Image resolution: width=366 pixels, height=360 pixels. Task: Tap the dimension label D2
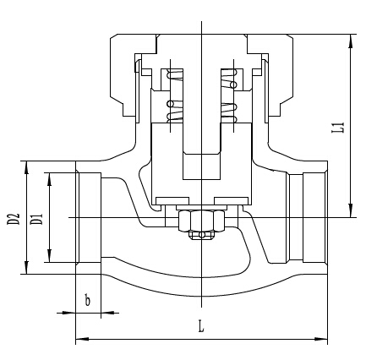[x=14, y=219]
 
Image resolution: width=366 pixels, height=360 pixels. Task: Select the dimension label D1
[x=36, y=219]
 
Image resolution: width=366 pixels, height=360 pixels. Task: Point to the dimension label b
[x=88, y=300]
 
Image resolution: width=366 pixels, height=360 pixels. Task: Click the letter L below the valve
[x=201, y=326]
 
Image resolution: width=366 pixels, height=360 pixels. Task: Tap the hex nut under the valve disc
[x=202, y=221]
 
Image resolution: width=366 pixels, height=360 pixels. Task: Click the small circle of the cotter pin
[x=201, y=235]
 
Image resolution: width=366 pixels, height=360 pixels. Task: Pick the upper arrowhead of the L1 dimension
[x=351, y=41]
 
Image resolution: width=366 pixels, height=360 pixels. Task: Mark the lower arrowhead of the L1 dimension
[x=351, y=210]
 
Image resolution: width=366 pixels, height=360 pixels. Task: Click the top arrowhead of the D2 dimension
[x=26, y=168]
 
